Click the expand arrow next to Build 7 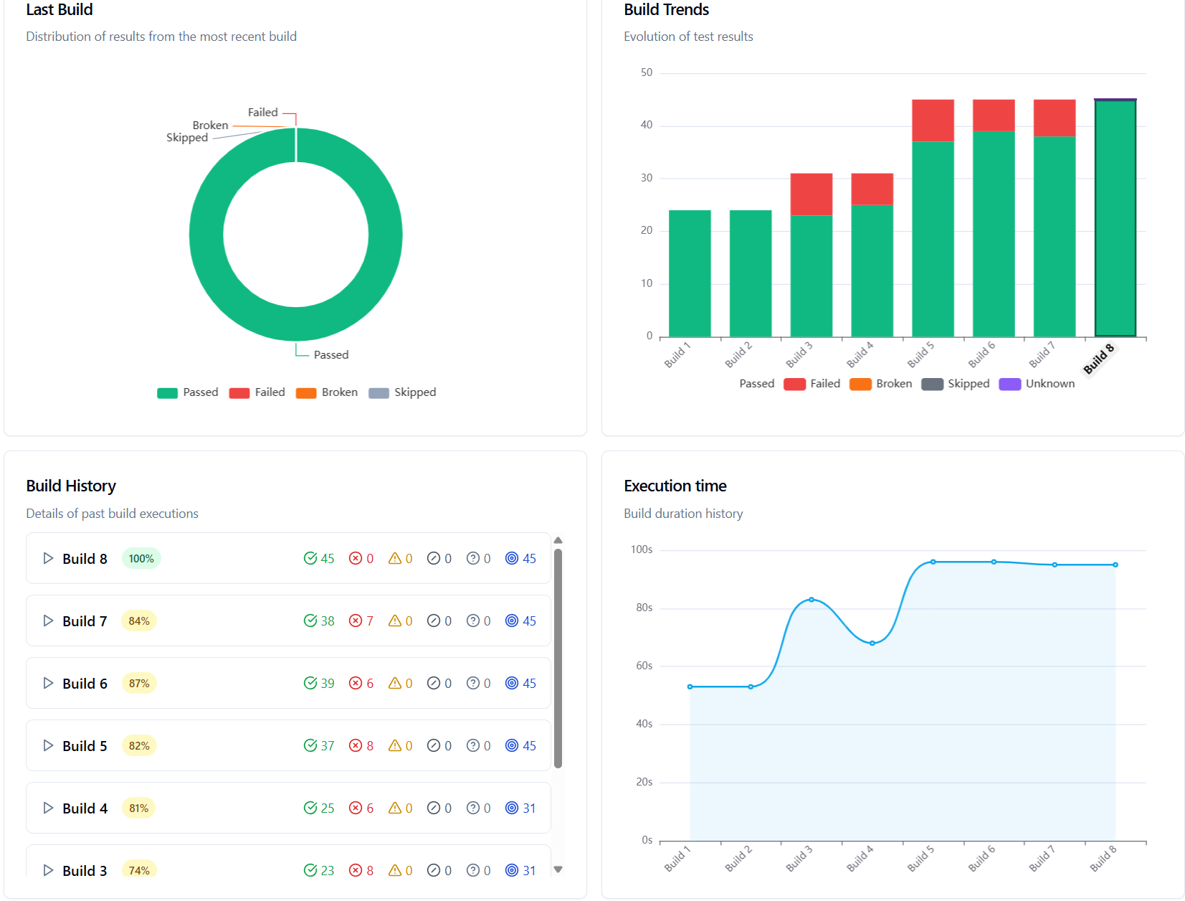coord(48,621)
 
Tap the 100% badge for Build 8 coord(141,559)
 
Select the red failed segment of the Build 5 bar coord(933,121)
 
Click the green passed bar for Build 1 coord(690,273)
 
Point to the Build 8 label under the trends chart coord(1098,359)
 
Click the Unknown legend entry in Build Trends coord(1037,384)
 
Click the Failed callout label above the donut coord(262,113)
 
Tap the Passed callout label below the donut coord(330,355)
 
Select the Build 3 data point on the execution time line coord(812,600)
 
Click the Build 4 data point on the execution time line coord(872,643)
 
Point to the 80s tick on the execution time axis coord(644,608)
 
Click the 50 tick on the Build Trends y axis coord(647,72)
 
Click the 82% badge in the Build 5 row coord(139,746)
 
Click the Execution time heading coord(675,486)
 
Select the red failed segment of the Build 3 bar coord(812,194)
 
